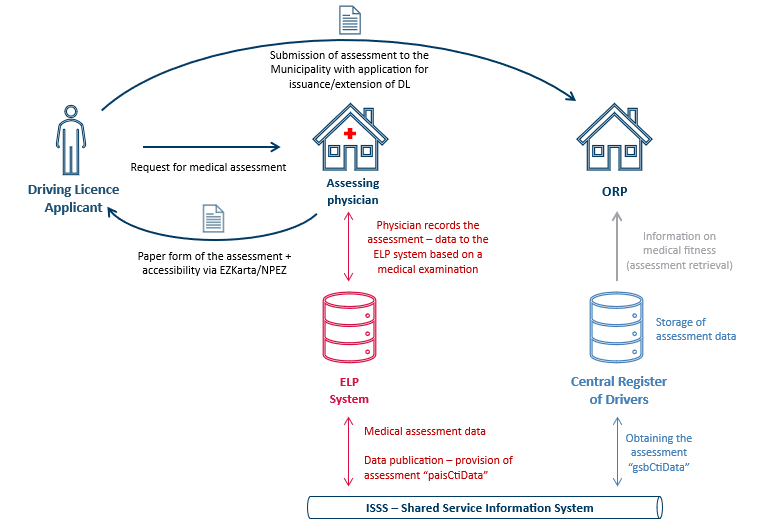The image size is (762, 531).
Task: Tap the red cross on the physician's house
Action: [349, 134]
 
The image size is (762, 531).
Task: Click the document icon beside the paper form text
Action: [212, 220]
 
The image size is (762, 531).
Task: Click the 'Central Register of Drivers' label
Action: [618, 390]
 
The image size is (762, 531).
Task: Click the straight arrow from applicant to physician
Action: [210, 145]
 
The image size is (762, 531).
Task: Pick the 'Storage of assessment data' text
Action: [695, 329]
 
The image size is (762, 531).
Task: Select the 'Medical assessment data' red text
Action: [425, 431]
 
